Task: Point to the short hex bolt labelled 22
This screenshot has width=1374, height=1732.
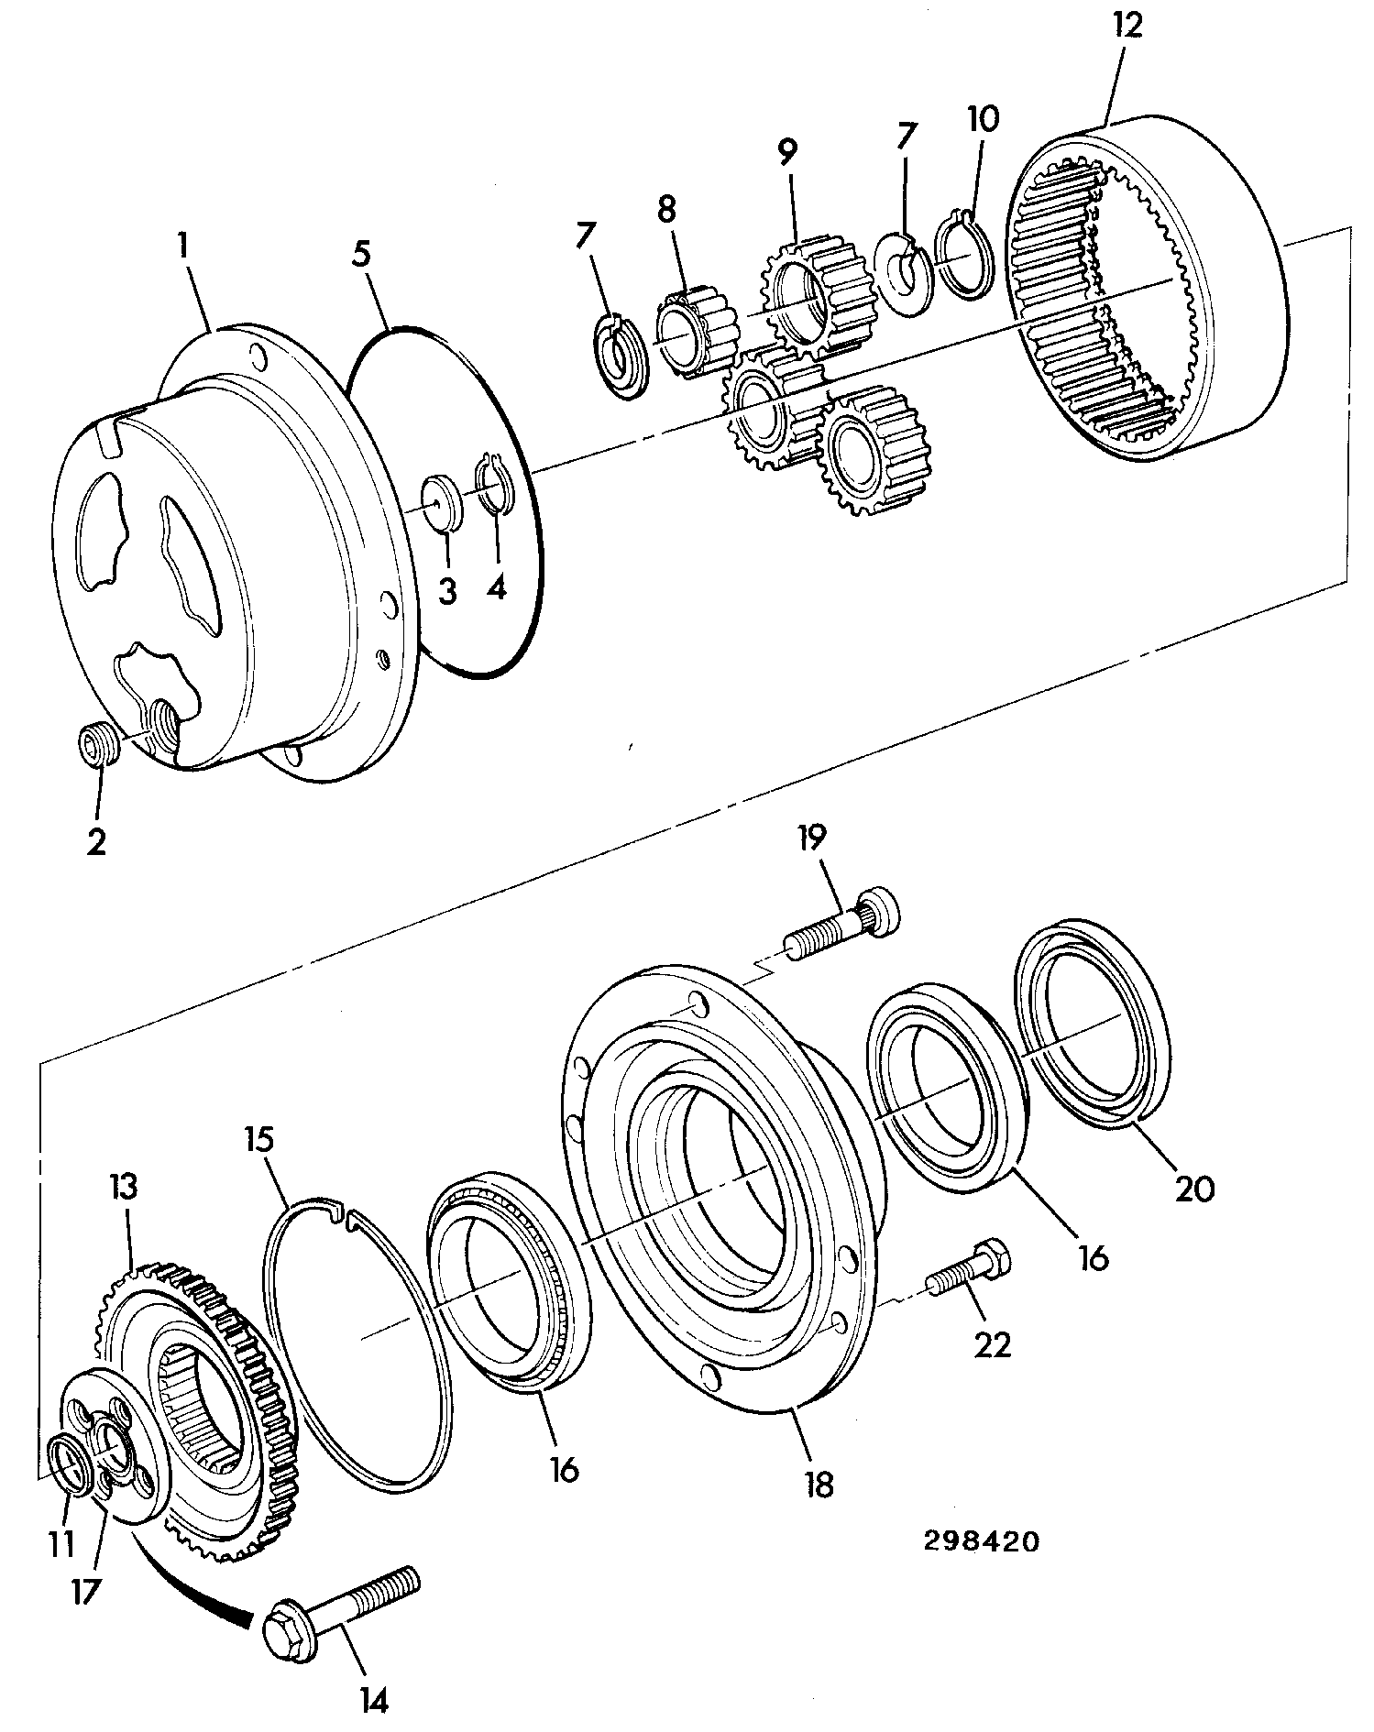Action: point(969,1269)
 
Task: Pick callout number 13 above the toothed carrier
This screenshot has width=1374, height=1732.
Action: point(124,1188)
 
